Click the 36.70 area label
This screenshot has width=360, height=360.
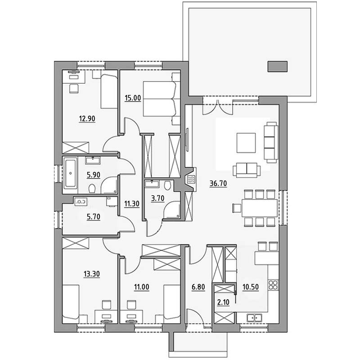(218, 184)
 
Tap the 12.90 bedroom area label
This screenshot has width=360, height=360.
(87, 119)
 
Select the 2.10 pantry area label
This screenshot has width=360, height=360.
(223, 302)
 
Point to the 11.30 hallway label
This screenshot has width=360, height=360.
(132, 204)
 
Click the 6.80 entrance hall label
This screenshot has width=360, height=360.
(198, 287)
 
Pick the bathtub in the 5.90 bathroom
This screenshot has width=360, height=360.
(70, 173)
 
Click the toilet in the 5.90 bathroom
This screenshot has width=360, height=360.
(92, 189)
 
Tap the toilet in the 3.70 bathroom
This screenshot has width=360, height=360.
(167, 185)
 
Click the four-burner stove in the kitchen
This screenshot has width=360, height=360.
(273, 285)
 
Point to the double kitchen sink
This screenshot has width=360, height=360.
(254, 318)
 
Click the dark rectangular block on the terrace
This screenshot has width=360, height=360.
(278, 67)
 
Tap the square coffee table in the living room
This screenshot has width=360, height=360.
(246, 143)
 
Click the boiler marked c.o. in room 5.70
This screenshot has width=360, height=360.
(81, 202)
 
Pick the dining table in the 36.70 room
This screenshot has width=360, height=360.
(260, 208)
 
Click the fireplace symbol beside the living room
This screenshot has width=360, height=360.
(191, 179)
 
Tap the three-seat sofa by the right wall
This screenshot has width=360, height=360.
(271, 142)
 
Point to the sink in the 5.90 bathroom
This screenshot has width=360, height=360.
(93, 160)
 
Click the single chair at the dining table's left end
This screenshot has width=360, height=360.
(237, 208)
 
